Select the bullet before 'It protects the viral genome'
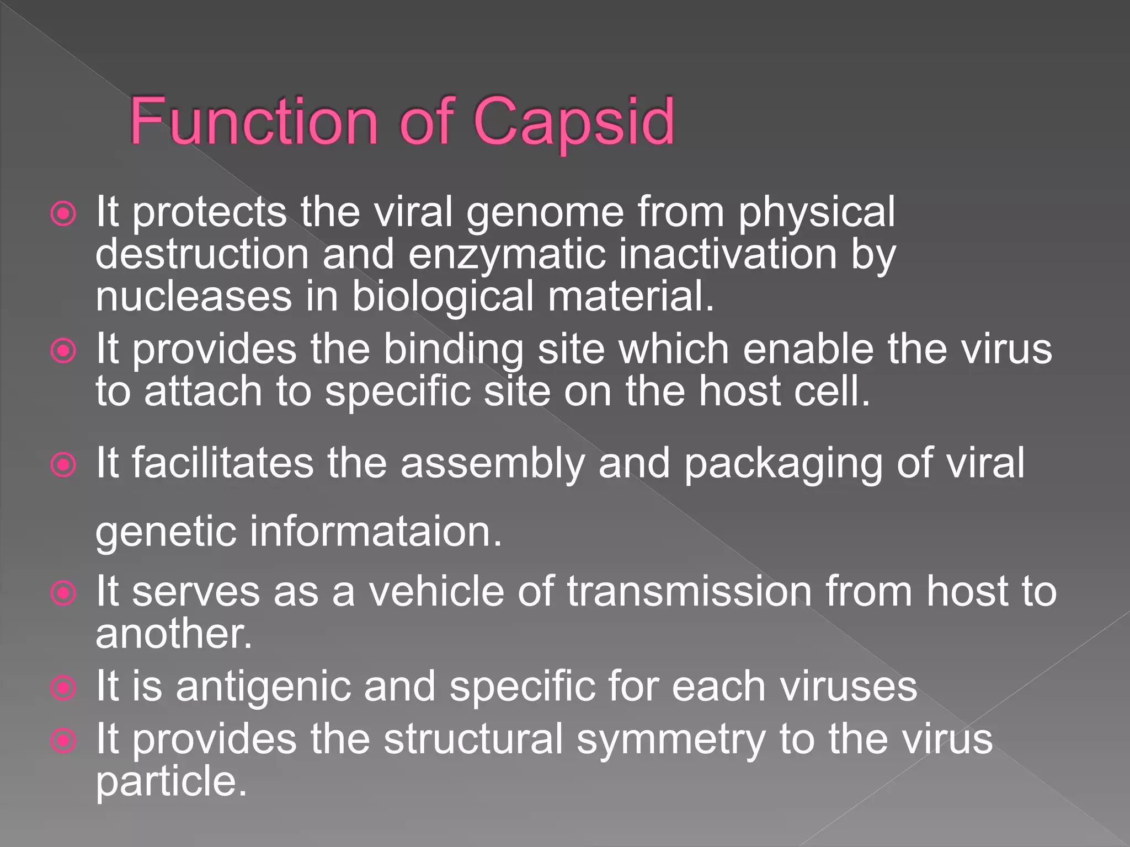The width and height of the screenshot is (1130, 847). point(63,214)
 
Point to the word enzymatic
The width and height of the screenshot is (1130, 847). point(507,255)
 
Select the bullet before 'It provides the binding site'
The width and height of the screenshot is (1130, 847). point(63,351)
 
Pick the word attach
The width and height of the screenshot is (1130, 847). point(202,392)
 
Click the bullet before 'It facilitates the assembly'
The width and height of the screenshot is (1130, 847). point(63,465)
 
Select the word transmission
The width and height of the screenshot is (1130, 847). point(690,592)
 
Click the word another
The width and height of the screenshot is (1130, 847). point(173,634)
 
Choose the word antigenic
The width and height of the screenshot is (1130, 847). point(263,687)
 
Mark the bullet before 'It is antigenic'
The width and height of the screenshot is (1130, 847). point(63,688)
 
